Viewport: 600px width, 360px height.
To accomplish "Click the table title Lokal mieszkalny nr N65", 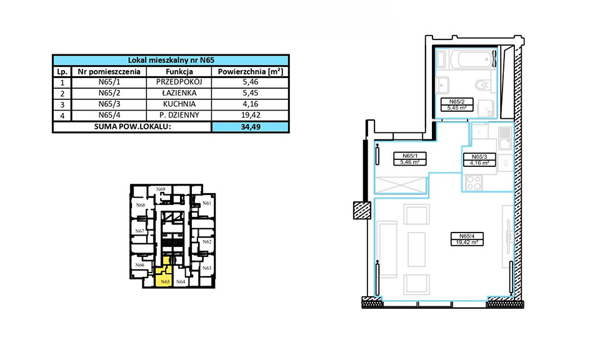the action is pyautogui.click(x=171, y=60).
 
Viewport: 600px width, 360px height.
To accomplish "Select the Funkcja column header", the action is pyautogui.click(x=179, y=71).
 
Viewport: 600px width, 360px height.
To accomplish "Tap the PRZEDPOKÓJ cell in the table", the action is pyautogui.click(x=179, y=82).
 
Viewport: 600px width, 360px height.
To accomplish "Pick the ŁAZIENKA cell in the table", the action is pyautogui.click(x=179, y=93).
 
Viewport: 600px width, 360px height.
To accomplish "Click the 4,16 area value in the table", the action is pyautogui.click(x=250, y=104).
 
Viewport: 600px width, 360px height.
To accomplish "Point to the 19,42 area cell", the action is pyautogui.click(x=250, y=115).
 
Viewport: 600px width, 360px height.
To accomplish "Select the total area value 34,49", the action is pyautogui.click(x=251, y=127).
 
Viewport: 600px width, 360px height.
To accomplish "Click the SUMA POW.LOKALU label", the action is pyautogui.click(x=132, y=127).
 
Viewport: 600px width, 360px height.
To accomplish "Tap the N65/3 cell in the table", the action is pyautogui.click(x=109, y=104).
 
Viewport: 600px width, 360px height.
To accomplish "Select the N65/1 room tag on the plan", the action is pyautogui.click(x=410, y=159).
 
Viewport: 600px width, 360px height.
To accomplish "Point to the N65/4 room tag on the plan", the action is pyautogui.click(x=467, y=239).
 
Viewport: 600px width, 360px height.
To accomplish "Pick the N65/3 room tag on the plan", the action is pyautogui.click(x=479, y=160).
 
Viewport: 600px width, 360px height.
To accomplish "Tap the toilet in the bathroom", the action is pyautogui.click(x=484, y=84).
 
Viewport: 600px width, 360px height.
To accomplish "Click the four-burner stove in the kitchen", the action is pyautogui.click(x=474, y=182).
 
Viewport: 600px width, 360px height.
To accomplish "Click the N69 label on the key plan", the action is pyautogui.click(x=161, y=189).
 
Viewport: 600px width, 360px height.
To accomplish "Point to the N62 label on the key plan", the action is pyautogui.click(x=207, y=242).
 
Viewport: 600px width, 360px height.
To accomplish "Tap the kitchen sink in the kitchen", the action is pyautogui.click(x=505, y=138).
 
